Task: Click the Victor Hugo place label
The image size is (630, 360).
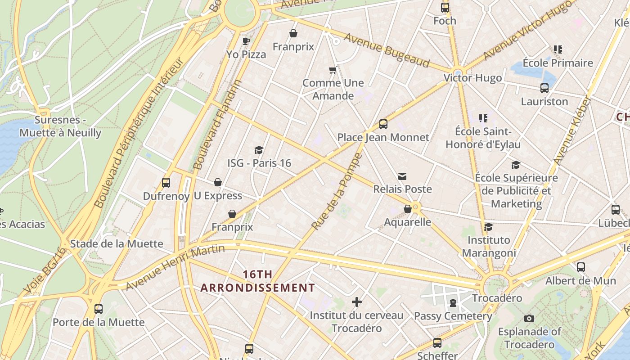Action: [x=472, y=78]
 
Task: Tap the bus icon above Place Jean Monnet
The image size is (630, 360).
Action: [x=383, y=124]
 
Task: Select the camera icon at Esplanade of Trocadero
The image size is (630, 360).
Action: [x=529, y=319]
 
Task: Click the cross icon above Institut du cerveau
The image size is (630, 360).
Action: [x=357, y=301]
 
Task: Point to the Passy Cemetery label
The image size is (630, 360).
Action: [x=453, y=316]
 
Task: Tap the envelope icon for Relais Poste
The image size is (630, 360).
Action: [x=402, y=176]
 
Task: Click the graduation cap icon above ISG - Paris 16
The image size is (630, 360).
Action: [x=259, y=150]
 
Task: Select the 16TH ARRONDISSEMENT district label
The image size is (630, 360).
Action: [x=258, y=281]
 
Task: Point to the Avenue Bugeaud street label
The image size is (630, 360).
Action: [x=387, y=49]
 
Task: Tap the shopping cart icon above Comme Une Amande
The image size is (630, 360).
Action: [x=333, y=70]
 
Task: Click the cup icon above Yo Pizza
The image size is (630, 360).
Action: [x=246, y=41]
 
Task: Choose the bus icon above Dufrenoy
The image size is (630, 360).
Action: [x=166, y=183]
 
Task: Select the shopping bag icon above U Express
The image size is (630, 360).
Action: [x=218, y=182]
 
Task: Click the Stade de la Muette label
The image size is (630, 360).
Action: [x=117, y=244]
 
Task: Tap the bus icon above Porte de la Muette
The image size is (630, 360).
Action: [x=99, y=309]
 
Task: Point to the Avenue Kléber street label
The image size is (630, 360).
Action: [x=571, y=131]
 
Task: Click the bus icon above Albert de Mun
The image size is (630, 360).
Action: [x=581, y=267]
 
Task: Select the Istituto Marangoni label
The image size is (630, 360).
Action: [x=489, y=246]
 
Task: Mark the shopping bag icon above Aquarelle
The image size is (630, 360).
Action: [x=408, y=209]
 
